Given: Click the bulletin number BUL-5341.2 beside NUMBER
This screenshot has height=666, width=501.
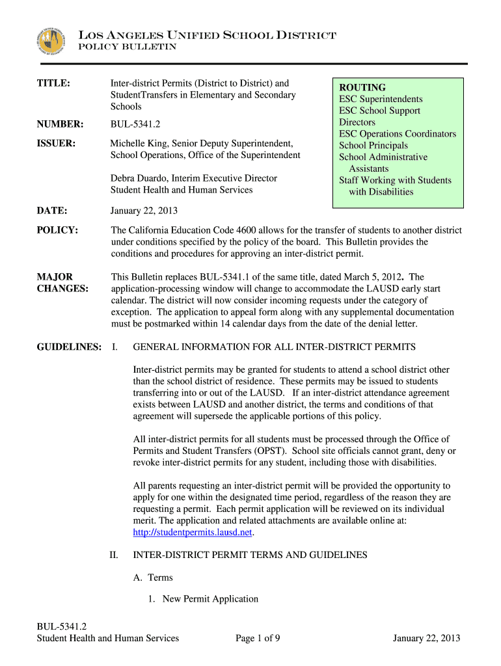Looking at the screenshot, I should point(136,124).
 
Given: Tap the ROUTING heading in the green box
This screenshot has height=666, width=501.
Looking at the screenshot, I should point(362,87).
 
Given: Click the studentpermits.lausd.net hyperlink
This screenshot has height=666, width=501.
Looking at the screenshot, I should point(192,533).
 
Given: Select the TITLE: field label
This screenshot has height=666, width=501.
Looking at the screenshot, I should point(53,83).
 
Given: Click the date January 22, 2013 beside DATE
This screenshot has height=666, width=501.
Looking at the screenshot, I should point(144,211).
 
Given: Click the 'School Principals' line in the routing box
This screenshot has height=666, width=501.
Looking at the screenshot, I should point(373,146).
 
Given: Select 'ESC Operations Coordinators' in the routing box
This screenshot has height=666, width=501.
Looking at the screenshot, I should point(398,134).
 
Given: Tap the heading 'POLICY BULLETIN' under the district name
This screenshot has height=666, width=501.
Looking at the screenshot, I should point(127,47).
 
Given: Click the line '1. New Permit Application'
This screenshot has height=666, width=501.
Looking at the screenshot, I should point(203,599).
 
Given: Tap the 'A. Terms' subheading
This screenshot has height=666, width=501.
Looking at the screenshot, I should point(152,577).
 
